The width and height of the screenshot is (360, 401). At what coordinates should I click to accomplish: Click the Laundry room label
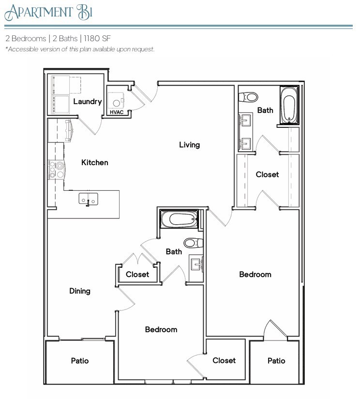click(88, 102)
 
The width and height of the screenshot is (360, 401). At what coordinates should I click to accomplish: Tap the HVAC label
click(117, 112)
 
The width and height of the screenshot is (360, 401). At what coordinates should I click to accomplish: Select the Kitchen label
click(94, 163)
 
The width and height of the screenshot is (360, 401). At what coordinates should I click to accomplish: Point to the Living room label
click(189, 145)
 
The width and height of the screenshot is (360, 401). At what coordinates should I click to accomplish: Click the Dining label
click(80, 291)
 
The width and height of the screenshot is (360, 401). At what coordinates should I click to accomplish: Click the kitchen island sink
click(89, 199)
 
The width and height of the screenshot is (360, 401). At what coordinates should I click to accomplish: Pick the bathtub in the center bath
click(180, 219)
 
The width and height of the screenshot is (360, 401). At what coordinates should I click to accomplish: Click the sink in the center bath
click(196, 264)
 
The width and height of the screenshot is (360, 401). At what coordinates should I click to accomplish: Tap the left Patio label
click(80, 361)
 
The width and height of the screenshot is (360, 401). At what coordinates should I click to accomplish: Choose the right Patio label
click(276, 361)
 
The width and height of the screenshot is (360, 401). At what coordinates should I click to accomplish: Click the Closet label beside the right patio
click(224, 360)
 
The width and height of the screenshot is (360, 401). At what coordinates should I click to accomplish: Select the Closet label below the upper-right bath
click(267, 174)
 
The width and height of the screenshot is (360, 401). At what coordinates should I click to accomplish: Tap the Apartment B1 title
click(48, 12)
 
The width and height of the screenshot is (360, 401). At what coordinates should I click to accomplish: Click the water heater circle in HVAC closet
click(115, 102)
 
